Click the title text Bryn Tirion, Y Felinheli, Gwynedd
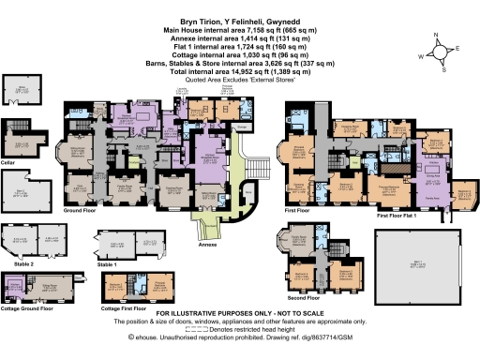click(239, 18)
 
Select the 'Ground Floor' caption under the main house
click(84, 212)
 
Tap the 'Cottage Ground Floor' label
click(32, 306)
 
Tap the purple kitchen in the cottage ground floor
click(16, 286)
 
